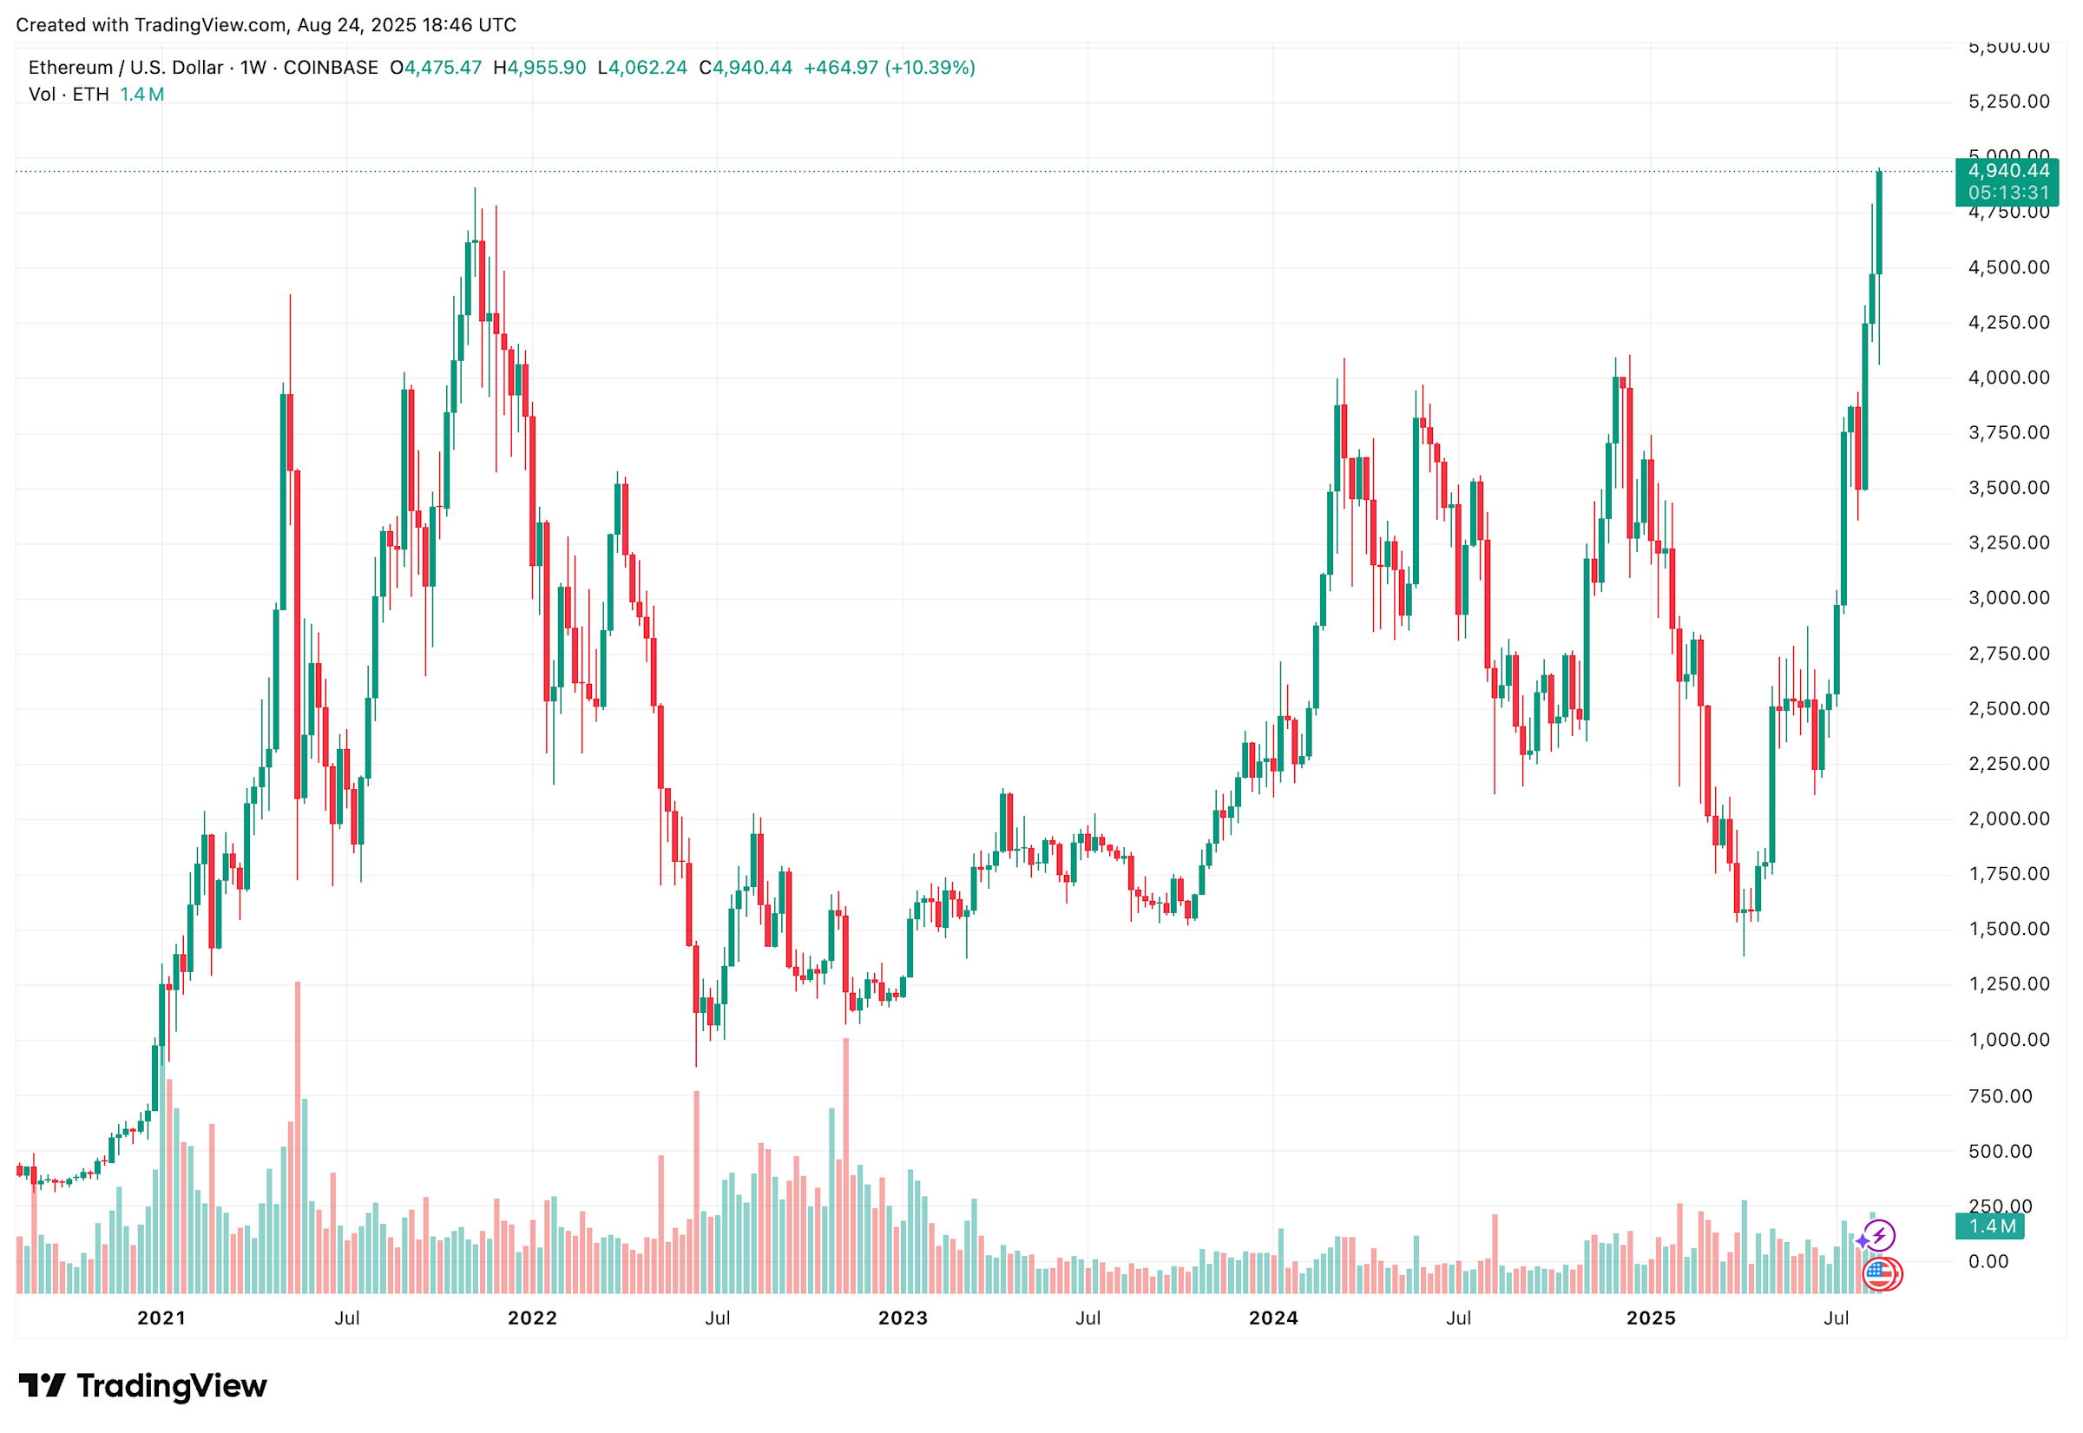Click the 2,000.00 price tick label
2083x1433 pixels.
click(x=2007, y=818)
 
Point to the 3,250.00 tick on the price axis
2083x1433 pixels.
click(x=2007, y=543)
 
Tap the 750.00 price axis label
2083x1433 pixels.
click(x=2000, y=1095)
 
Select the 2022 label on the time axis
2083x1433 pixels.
click(x=532, y=1318)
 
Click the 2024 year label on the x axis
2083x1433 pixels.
click(x=1273, y=1318)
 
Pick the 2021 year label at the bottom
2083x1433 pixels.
click(x=161, y=1318)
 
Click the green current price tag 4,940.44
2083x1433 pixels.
click(x=2007, y=171)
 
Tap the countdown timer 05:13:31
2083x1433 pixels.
click(x=2007, y=193)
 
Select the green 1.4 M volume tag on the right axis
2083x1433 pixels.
click(x=1991, y=1226)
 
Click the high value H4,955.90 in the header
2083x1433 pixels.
click(x=540, y=68)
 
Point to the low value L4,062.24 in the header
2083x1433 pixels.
click(x=642, y=68)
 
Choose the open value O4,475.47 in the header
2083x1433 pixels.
click(x=436, y=68)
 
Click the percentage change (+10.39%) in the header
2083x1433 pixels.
click(x=930, y=68)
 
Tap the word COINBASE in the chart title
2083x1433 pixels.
click(x=331, y=68)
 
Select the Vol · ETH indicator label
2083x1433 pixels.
click(x=69, y=95)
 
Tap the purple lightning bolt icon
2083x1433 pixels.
click(x=1879, y=1235)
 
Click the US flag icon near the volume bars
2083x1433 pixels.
click(x=1879, y=1273)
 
